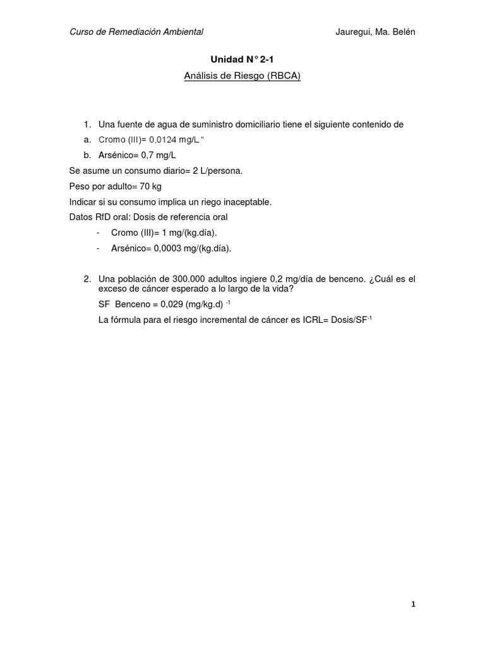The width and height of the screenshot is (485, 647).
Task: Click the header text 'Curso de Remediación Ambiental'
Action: click(x=136, y=32)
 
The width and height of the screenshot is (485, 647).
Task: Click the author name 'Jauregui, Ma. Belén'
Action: click(x=375, y=32)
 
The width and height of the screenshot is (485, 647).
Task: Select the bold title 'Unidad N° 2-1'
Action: click(x=242, y=60)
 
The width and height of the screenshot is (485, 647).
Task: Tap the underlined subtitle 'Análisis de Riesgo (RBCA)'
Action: click(x=242, y=76)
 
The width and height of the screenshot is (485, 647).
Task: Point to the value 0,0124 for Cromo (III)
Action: click(x=159, y=140)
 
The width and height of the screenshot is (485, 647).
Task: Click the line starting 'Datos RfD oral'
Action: click(x=148, y=217)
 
